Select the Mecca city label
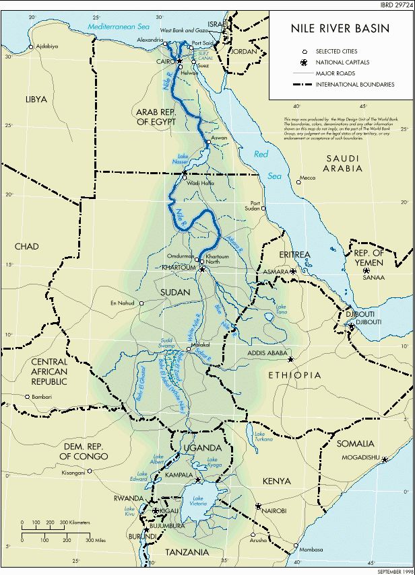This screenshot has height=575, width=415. coord(307,178)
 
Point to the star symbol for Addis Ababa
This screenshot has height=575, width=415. coord(290,360)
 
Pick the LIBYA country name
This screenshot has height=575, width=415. coord(36,99)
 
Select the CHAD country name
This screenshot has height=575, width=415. coord(27,247)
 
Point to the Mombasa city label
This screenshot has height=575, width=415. coord(312,549)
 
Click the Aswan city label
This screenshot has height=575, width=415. coord(220,138)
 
